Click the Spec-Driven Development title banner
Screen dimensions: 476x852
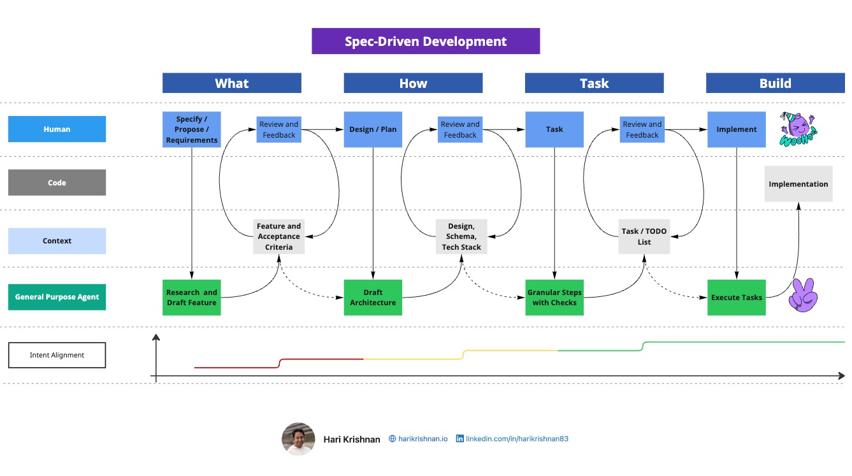tap(425, 41)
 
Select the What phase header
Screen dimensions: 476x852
tap(231, 83)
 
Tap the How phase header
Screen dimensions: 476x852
tap(413, 83)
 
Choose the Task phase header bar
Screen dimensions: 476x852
tap(594, 83)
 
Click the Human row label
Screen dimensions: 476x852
tap(57, 129)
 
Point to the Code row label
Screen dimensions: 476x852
tap(57, 183)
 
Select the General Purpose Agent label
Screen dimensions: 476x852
tap(57, 297)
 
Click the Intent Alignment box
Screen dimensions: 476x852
tap(57, 355)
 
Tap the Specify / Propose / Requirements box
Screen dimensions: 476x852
tap(191, 129)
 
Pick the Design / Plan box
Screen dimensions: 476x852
tap(373, 129)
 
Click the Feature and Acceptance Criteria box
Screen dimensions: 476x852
tap(278, 236)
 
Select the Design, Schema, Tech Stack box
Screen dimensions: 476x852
tap(461, 236)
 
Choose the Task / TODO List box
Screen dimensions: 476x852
tap(644, 236)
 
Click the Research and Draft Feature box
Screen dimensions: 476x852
tap(191, 297)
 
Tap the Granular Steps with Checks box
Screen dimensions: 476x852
tap(554, 297)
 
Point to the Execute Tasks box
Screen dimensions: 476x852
tap(736, 297)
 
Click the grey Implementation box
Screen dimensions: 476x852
tap(798, 184)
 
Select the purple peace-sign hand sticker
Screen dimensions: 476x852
tap(802, 296)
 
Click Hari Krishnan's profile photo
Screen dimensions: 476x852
tap(298, 439)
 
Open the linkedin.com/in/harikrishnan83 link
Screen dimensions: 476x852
tap(516, 439)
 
